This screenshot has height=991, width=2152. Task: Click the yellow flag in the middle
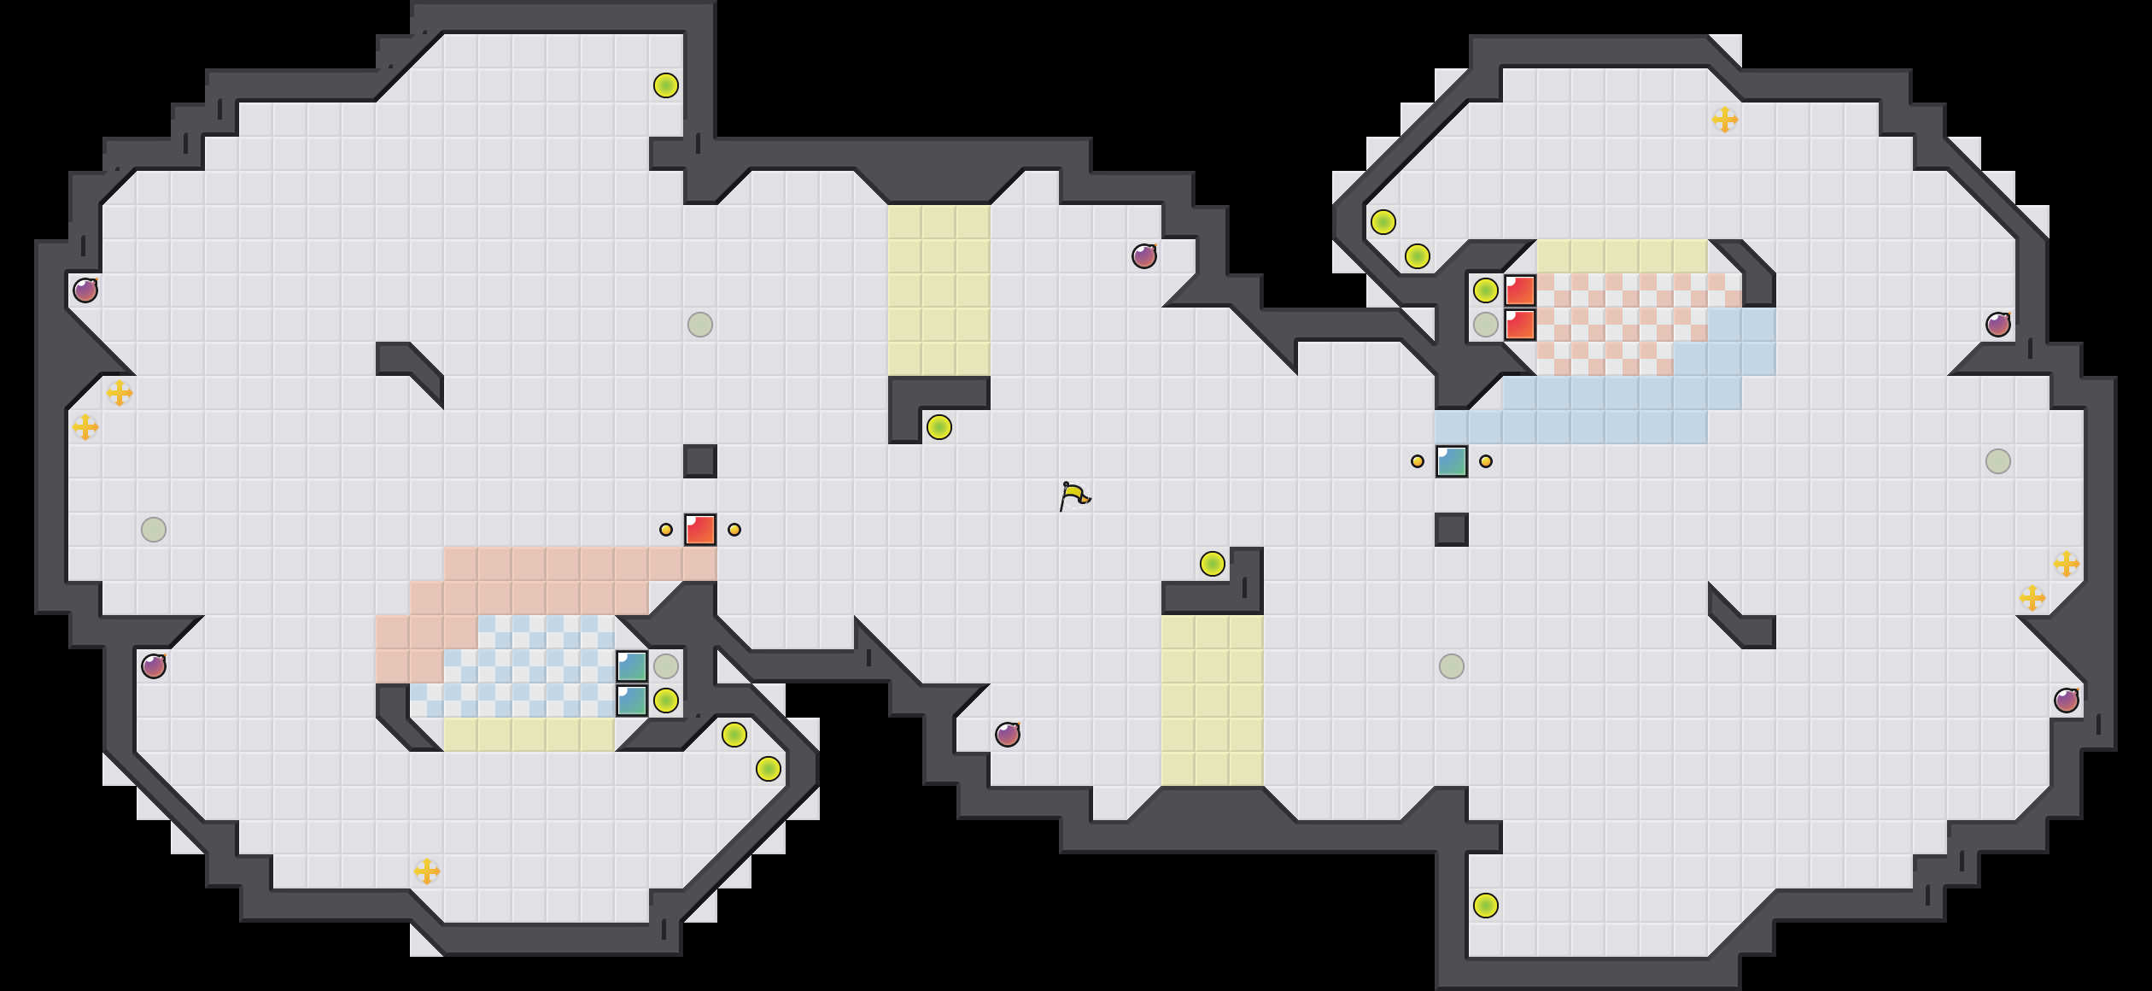[x=1074, y=495]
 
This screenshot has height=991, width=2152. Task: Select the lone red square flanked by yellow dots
[x=700, y=530]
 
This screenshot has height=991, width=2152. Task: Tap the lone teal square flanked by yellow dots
[x=1452, y=461]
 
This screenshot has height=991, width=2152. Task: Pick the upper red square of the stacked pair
[x=1520, y=290]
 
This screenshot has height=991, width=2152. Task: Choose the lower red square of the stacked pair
[x=1520, y=325]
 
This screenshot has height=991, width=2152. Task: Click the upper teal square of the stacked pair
[x=632, y=666]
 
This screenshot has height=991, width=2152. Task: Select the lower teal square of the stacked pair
[x=632, y=701]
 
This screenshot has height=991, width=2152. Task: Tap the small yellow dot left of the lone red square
[x=666, y=530]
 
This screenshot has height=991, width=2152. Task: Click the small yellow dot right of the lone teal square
[x=1486, y=461]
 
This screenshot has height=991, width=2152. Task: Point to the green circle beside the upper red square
[x=1486, y=290]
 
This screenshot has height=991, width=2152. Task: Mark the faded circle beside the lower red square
[x=1486, y=325]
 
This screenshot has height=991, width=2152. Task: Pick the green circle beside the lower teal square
[x=666, y=701]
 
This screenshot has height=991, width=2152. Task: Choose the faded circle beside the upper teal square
[x=666, y=666]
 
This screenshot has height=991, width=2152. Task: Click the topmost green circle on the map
[x=666, y=85]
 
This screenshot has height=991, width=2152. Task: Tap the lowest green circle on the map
[x=1486, y=906]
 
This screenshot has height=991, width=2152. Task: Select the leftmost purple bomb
[x=85, y=290]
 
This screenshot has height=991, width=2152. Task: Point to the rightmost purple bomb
[x=2067, y=701]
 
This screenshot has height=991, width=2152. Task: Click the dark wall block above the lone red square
[x=700, y=461]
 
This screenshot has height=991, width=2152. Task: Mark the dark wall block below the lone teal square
[x=1452, y=530]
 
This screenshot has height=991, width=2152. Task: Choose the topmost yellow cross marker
[x=1725, y=120]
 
